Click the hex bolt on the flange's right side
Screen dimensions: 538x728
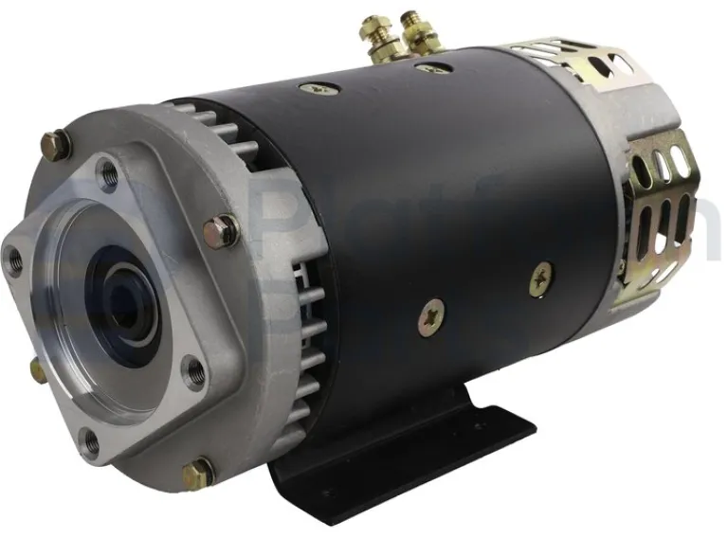[x=223, y=229]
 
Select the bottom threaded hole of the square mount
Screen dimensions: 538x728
[x=88, y=439]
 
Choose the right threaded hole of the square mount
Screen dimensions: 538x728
[x=193, y=372]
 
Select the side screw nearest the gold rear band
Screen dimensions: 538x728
[x=542, y=275]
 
